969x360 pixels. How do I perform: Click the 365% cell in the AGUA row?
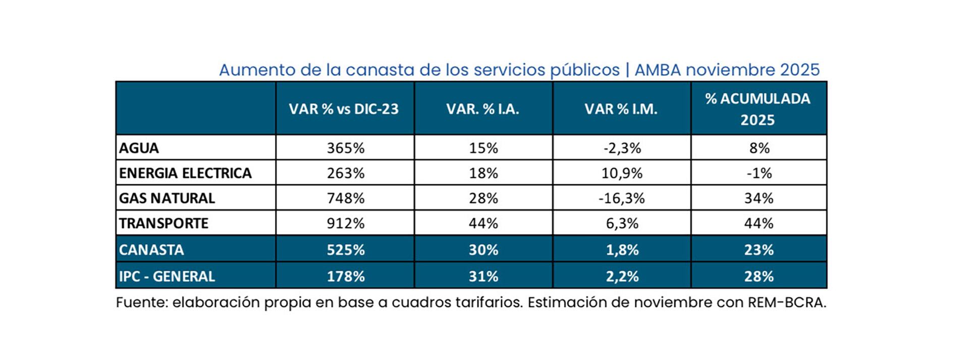point(345,148)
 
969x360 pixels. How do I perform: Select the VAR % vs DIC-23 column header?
point(344,109)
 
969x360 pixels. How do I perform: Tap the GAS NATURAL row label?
point(167,198)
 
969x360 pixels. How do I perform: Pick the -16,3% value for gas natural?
point(621,198)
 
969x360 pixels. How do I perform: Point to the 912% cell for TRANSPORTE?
point(345,223)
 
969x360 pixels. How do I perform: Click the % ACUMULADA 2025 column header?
point(758,109)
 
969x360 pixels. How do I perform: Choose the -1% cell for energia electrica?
point(759,173)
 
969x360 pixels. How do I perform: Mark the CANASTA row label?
point(151,249)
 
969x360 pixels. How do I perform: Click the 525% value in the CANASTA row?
point(345,249)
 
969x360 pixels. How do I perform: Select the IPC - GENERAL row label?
point(167,276)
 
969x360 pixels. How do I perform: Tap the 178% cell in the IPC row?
point(345,276)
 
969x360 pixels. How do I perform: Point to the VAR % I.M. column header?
point(621,109)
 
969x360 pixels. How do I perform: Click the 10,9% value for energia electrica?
point(621,173)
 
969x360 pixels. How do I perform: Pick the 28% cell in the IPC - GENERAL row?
point(759,276)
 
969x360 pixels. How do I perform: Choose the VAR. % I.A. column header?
point(482,109)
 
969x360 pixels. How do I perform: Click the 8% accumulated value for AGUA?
point(759,148)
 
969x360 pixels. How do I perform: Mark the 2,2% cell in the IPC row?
point(622,276)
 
